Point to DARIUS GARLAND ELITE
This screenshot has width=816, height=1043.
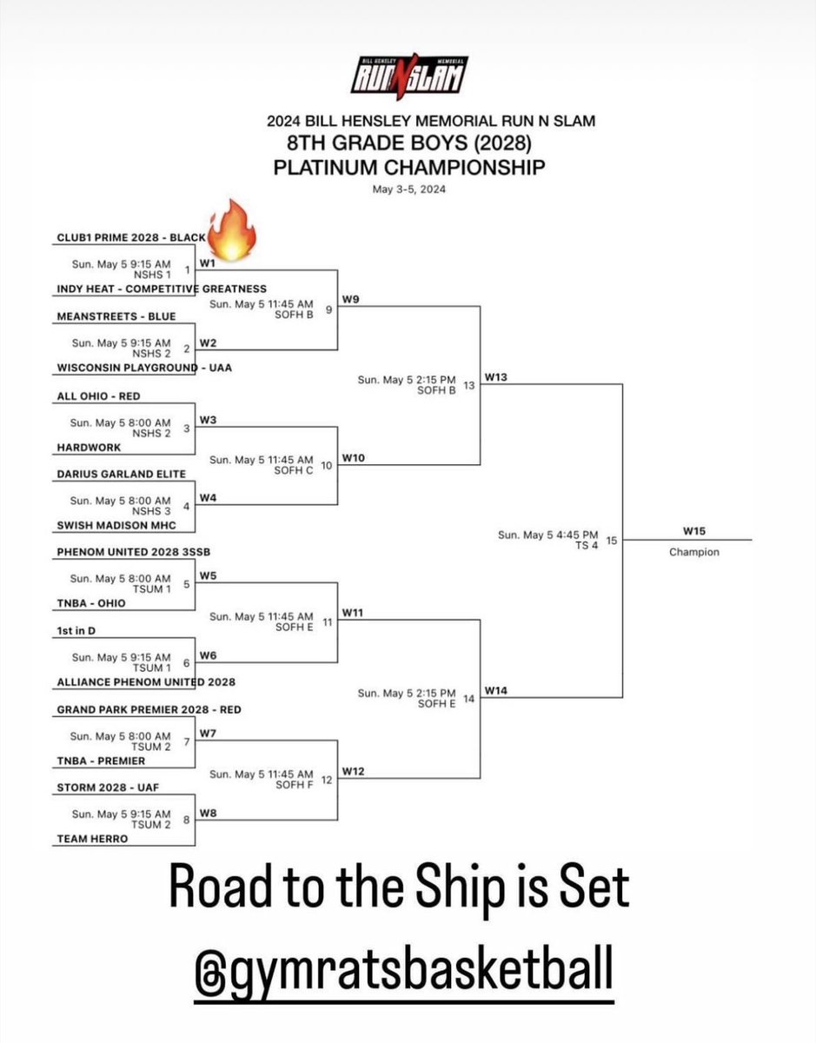click(121, 474)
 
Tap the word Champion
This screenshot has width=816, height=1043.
click(693, 552)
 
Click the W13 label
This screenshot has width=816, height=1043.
click(496, 377)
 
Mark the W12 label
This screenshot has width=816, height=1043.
click(354, 770)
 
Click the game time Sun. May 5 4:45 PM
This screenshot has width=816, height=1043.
click(547, 535)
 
